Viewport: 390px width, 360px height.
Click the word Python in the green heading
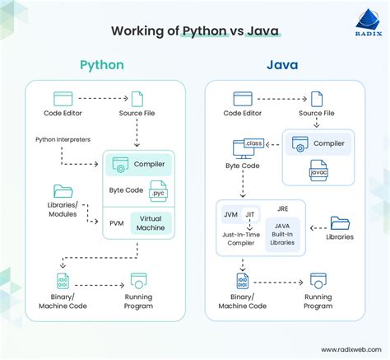(103, 64)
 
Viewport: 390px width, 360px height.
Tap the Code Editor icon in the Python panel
(63, 100)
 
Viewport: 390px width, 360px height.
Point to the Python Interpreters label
(63, 139)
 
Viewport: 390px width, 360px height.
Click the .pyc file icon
(157, 190)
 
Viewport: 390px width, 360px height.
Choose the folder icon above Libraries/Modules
(63, 191)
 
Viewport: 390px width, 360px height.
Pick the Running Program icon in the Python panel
(138, 280)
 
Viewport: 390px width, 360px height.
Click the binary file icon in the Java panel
(242, 280)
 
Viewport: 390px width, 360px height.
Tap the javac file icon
(318, 173)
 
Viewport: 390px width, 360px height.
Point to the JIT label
(253, 215)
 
